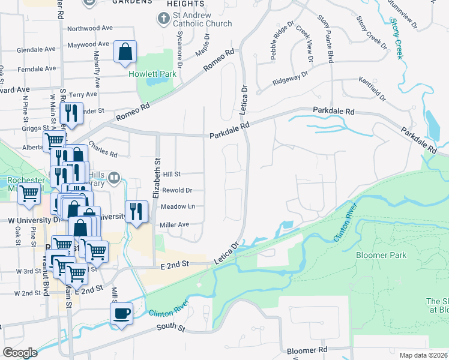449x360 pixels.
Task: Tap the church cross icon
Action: point(162,19)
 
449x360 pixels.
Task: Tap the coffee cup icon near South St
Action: point(121,314)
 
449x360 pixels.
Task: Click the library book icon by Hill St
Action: point(114,178)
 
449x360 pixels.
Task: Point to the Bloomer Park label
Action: point(381,255)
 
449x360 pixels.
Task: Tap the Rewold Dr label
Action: point(176,190)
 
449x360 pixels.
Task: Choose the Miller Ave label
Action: point(175,224)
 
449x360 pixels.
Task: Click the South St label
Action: point(169,327)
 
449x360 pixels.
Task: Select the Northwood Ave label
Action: point(90,28)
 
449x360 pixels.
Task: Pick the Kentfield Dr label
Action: point(372,88)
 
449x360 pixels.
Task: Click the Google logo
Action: point(20,353)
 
